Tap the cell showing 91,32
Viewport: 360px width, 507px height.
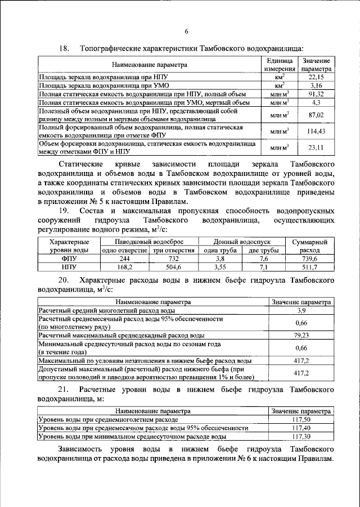point(316,94)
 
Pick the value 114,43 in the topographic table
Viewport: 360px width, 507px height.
point(316,132)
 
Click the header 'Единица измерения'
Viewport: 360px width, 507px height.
point(280,64)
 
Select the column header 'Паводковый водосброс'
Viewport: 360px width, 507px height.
point(147,241)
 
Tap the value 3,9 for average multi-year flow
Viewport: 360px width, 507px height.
point(300,310)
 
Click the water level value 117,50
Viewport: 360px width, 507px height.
point(300,419)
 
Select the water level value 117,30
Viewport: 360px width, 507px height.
point(300,436)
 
